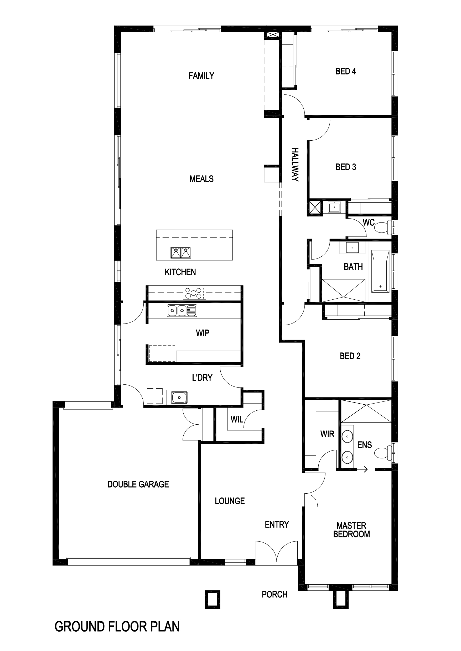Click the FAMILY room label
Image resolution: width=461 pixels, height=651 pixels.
coord(201,76)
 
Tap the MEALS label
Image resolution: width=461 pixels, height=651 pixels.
coord(201,179)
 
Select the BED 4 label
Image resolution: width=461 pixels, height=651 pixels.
coord(345,71)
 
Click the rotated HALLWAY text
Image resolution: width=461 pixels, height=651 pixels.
coord(295,165)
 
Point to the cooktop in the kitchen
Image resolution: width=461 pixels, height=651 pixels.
coord(194,293)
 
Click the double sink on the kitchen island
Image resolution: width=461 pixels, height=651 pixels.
coord(180,252)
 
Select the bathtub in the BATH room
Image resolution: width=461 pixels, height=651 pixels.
coord(380,271)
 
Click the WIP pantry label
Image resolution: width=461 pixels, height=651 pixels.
coord(203,333)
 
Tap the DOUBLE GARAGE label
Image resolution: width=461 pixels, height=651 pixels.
coord(138,484)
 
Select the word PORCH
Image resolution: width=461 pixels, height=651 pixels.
coord(274,594)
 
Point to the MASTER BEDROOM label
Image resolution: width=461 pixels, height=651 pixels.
coord(351,530)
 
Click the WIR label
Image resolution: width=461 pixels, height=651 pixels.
coord(327,434)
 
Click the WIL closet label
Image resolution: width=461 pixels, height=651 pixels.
coord(237,419)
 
